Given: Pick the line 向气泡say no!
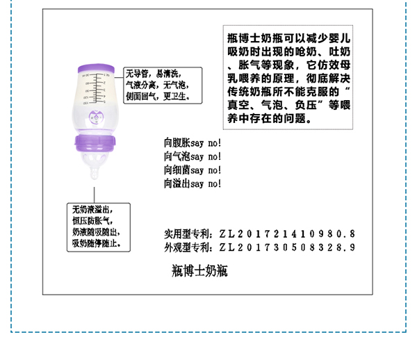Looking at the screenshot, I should pyautogui.click(x=193, y=157).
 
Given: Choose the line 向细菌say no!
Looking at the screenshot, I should pyautogui.click(x=193, y=170).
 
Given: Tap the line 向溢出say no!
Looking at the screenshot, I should pyautogui.click(x=193, y=183).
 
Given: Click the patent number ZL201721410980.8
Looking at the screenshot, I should pyautogui.click(x=287, y=234).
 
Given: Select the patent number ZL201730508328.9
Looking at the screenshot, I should pyautogui.click(x=287, y=247).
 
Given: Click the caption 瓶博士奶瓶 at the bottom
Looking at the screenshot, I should pyautogui.click(x=199, y=270).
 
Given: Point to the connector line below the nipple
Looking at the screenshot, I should pyautogui.click(x=95, y=191).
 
